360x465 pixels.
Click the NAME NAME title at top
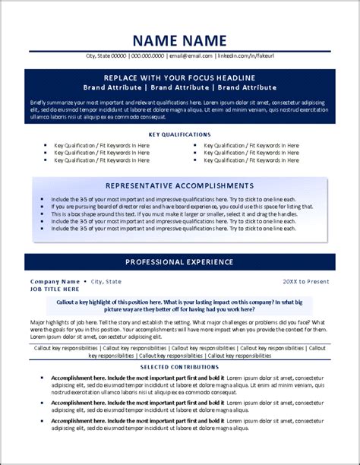tap(179, 40)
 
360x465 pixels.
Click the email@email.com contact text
tap(191, 56)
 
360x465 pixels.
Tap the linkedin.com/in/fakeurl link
tap(245, 56)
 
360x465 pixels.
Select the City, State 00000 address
tap(106, 56)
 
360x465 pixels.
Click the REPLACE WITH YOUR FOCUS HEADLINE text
tap(179, 78)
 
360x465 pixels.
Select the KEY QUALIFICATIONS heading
tap(179, 134)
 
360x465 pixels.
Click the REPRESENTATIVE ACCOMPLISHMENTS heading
tap(179, 185)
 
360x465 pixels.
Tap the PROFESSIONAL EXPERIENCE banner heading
tap(179, 262)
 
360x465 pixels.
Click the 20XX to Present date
tap(306, 281)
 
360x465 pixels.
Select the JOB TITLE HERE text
tap(55, 289)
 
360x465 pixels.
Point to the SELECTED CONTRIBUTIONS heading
tap(179, 367)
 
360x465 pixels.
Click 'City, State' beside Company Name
tap(106, 281)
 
